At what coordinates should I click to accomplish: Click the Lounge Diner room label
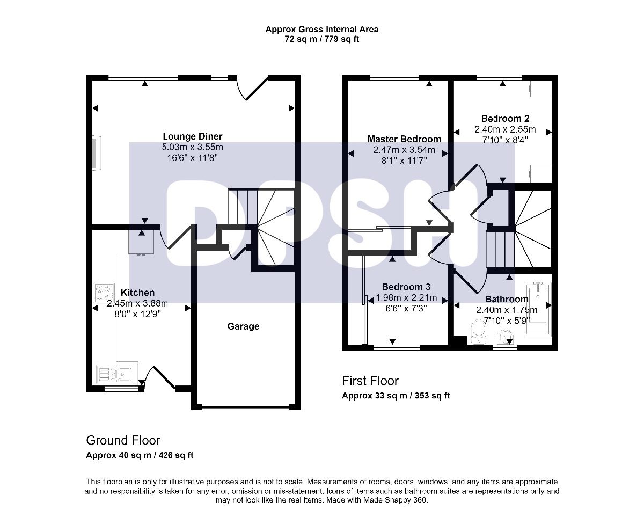[x=193, y=136]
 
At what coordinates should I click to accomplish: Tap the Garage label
[x=243, y=326]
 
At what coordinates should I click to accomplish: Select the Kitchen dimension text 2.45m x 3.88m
[x=137, y=303]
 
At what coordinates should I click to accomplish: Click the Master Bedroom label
[x=404, y=139]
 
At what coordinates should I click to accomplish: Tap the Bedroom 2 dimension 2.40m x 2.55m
[x=505, y=129]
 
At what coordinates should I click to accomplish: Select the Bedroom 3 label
[x=406, y=287]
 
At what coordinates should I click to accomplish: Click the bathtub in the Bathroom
[x=538, y=309]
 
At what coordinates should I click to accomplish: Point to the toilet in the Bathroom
[x=479, y=332]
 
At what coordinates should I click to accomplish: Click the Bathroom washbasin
[x=505, y=337]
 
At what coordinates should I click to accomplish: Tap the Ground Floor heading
[x=123, y=440]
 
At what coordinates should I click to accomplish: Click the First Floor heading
[x=370, y=381]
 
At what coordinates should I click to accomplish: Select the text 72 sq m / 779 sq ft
[x=321, y=39]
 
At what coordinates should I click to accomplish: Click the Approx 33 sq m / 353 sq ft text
[x=396, y=396]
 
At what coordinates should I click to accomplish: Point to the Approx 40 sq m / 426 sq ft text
[x=140, y=455]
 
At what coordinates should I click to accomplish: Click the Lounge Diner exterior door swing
[x=252, y=88]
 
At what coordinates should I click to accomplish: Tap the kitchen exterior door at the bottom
[x=159, y=378]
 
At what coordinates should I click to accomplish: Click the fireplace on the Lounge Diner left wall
[x=97, y=153]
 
